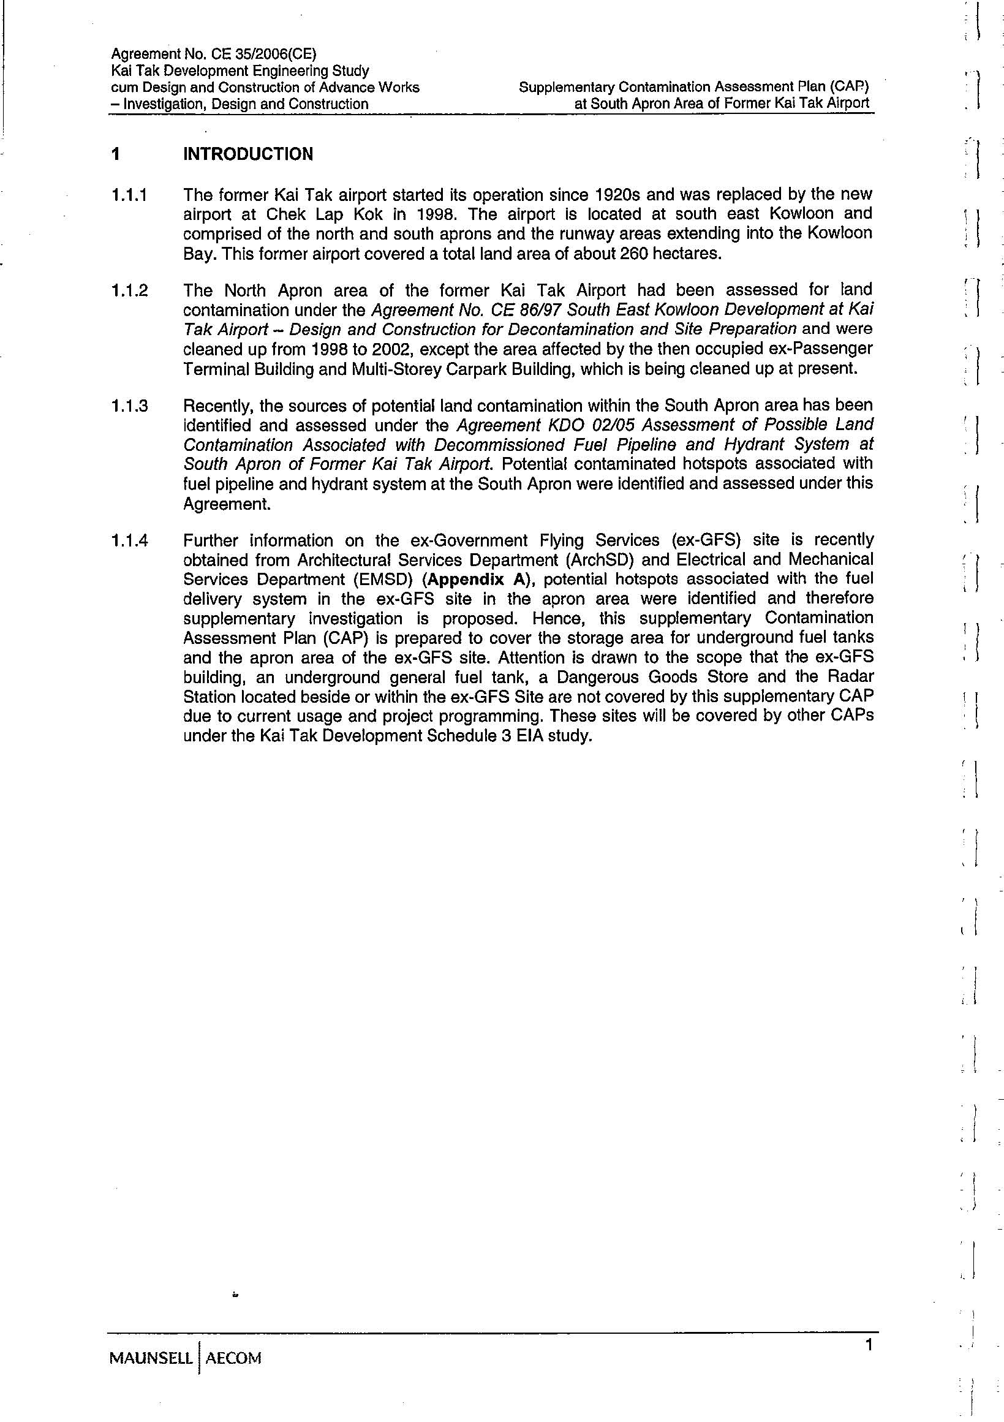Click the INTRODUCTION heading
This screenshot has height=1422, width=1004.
[x=247, y=154]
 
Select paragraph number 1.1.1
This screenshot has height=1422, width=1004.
[x=129, y=195]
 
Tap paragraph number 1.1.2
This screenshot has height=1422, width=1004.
[x=129, y=290]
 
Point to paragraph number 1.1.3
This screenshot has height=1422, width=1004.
[x=129, y=406]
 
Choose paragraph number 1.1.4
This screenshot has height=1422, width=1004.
[x=129, y=541]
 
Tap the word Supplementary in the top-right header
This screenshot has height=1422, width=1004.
[x=566, y=88]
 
